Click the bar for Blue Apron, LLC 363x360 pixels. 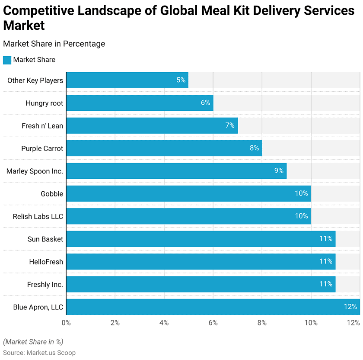(213, 307)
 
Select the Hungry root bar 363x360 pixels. (140, 103)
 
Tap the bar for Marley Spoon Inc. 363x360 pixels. (176, 171)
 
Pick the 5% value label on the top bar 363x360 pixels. (181, 80)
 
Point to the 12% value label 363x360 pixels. (350, 307)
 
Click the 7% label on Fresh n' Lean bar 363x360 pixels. (230, 125)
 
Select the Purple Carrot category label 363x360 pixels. (42, 148)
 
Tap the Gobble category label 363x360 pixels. (52, 193)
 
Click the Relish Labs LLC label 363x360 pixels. (38, 216)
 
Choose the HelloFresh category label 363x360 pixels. (46, 262)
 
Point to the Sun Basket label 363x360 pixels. (45, 239)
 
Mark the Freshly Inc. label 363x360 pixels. (45, 284)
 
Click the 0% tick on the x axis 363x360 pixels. (66, 323)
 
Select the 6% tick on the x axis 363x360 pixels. (213, 323)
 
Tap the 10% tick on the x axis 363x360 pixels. (311, 323)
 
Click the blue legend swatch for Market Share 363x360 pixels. (7, 60)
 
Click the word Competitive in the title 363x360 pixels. (38, 11)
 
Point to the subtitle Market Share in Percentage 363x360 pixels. (54, 44)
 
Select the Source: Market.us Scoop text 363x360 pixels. (39, 353)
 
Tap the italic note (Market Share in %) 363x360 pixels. (33, 342)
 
